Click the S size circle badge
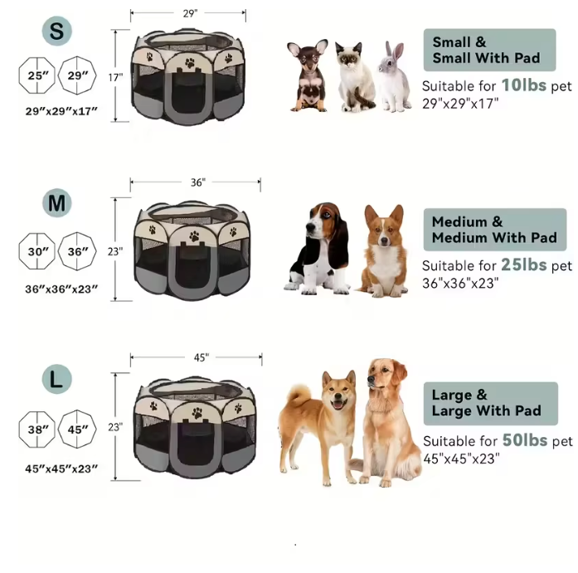(x=56, y=31)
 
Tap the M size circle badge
(x=57, y=203)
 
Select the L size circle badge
(x=57, y=381)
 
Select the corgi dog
(x=382, y=250)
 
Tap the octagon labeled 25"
(x=36, y=75)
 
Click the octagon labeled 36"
(x=77, y=251)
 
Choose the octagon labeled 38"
(x=36, y=430)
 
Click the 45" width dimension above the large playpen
(x=201, y=357)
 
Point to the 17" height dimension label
(x=115, y=77)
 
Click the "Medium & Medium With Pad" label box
(x=494, y=230)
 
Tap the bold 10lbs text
(x=523, y=85)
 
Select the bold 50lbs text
(x=524, y=439)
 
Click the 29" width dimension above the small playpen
(x=188, y=13)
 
